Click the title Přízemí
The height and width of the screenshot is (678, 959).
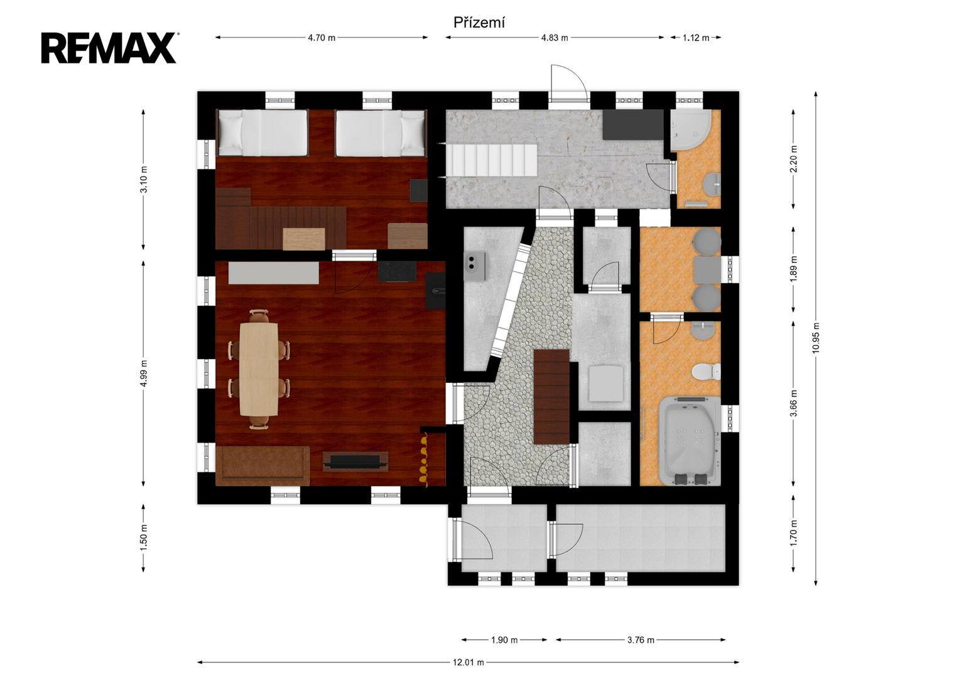[479, 23]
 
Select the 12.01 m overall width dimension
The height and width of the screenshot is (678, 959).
[469, 662]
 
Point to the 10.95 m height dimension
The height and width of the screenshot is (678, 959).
[816, 338]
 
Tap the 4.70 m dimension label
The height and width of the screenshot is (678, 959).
[322, 38]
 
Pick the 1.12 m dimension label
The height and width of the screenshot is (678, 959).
[696, 38]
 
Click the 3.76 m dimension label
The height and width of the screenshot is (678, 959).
[641, 640]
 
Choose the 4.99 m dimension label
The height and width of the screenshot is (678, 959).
[143, 373]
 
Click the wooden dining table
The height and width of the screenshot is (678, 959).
[259, 369]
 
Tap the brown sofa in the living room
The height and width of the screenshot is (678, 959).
[263, 466]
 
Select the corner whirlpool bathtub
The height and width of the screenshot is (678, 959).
[690, 441]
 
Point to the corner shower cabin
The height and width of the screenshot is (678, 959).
[691, 130]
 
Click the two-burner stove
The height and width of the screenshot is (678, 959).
[475, 266]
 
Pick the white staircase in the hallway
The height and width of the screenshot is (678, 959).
[492, 160]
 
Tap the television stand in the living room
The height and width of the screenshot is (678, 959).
[355, 461]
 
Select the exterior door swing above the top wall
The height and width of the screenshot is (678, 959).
[569, 83]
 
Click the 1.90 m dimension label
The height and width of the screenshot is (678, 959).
[504, 640]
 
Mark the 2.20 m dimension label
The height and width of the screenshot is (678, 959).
[793, 159]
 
